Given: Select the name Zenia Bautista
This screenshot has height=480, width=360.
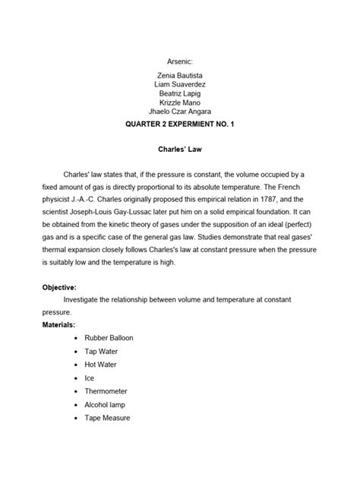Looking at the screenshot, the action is click(x=180, y=77).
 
